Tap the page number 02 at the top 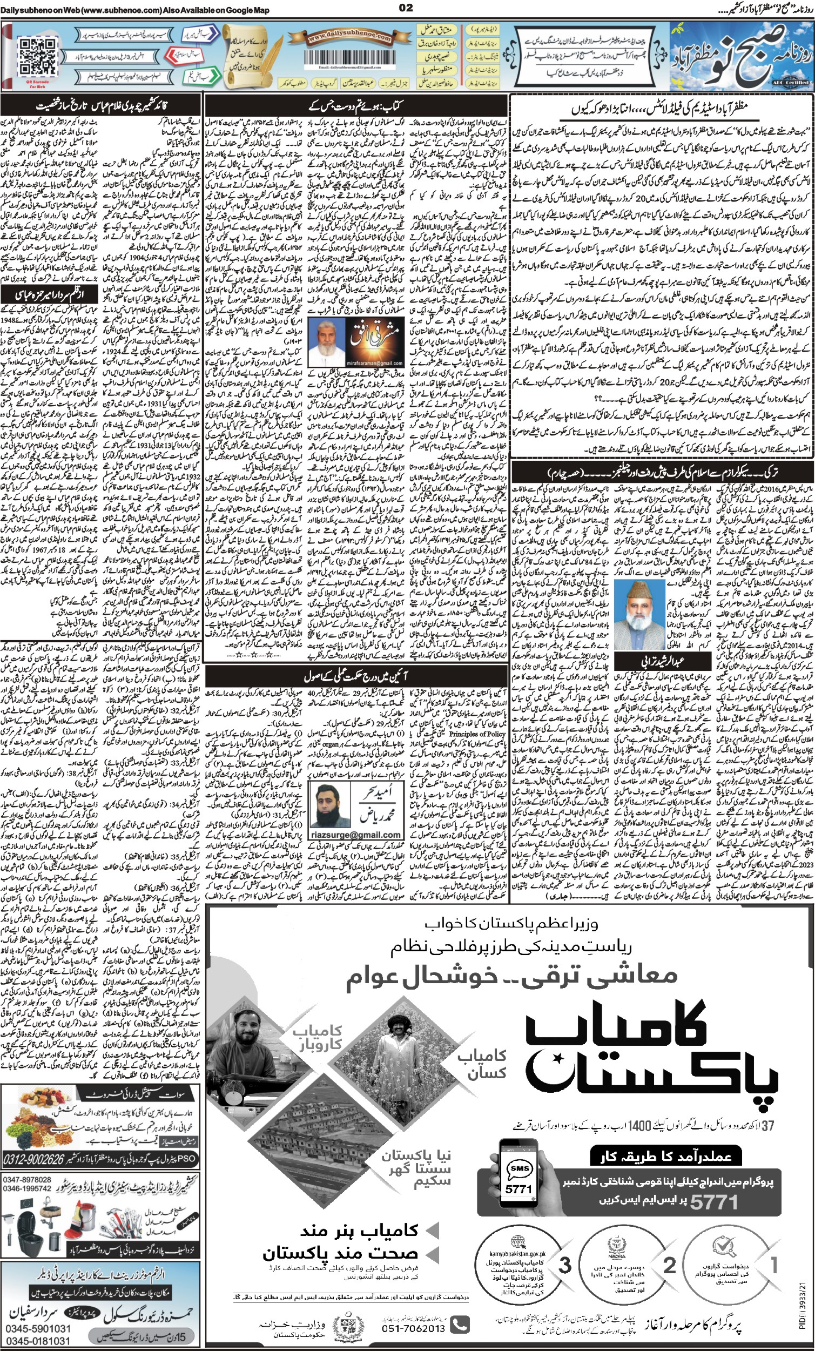click(406, 8)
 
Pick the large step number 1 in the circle click(774, 1249)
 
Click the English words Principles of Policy click(477, 733)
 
